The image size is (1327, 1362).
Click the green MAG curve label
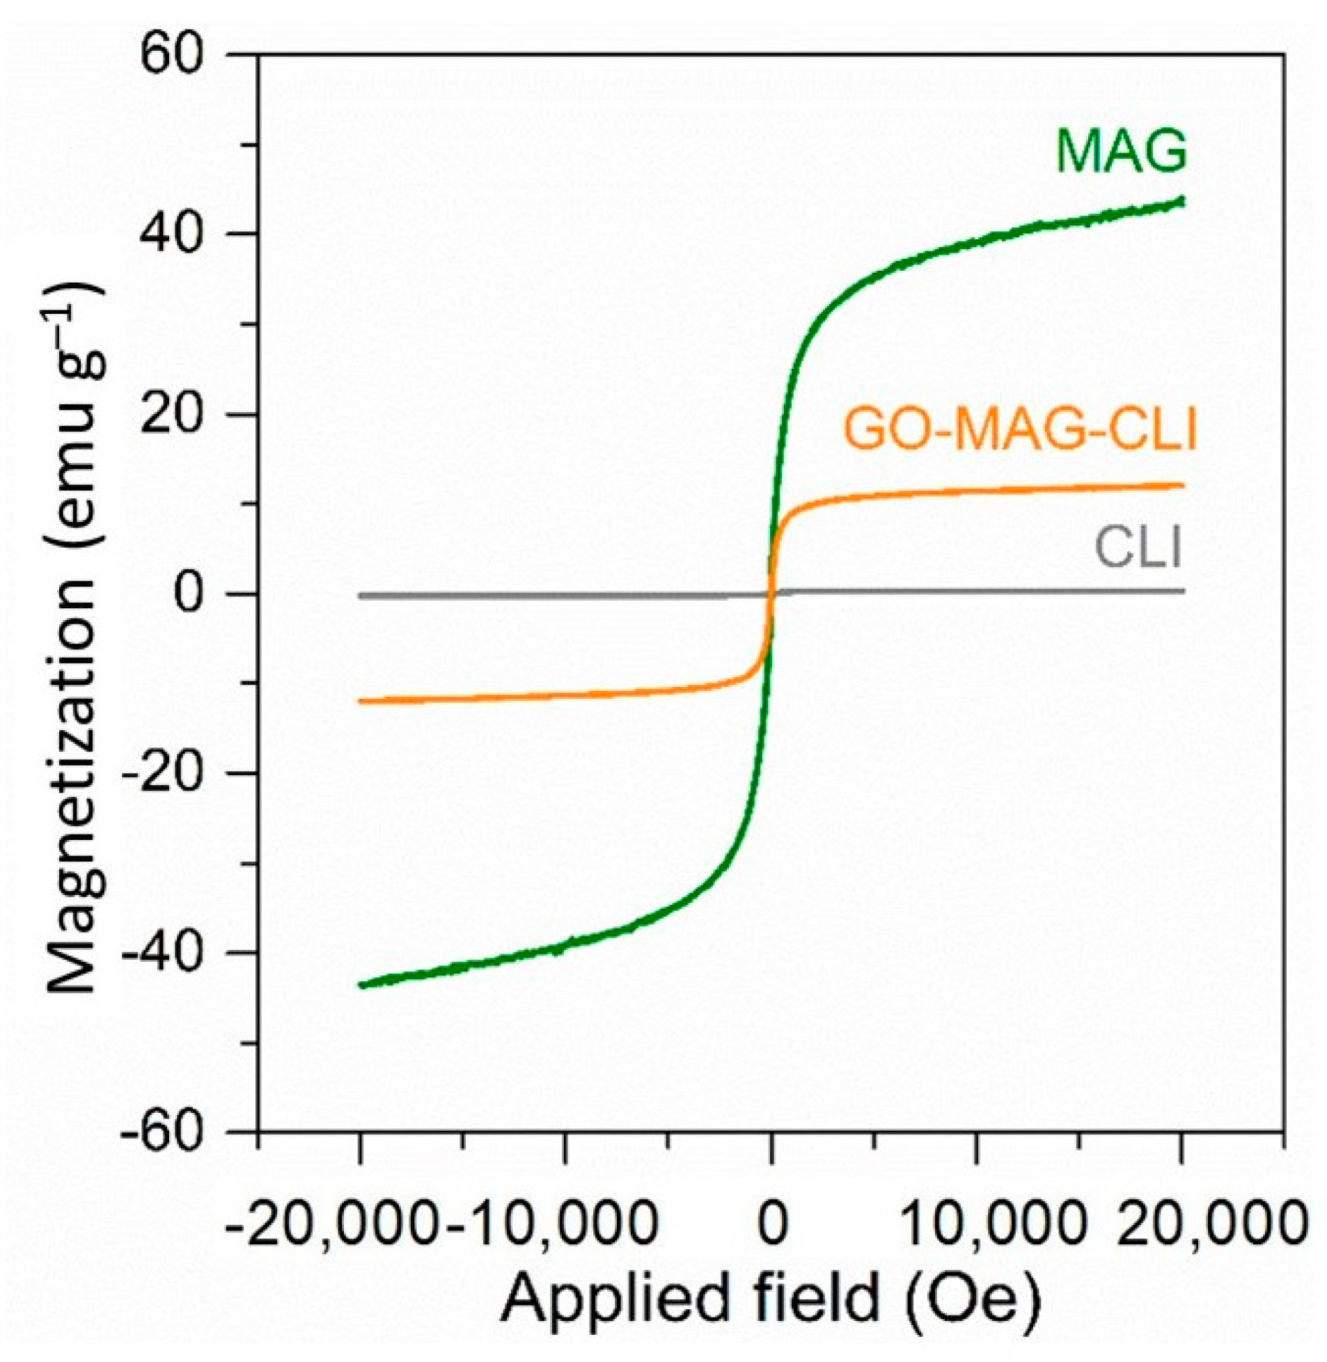click(x=1120, y=152)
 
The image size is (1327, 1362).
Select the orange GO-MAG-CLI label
click(x=1019, y=431)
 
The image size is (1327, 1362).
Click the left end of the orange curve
click(x=360, y=701)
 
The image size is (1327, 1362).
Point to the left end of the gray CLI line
click(x=360, y=596)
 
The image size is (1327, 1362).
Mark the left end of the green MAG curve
click(x=361, y=984)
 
